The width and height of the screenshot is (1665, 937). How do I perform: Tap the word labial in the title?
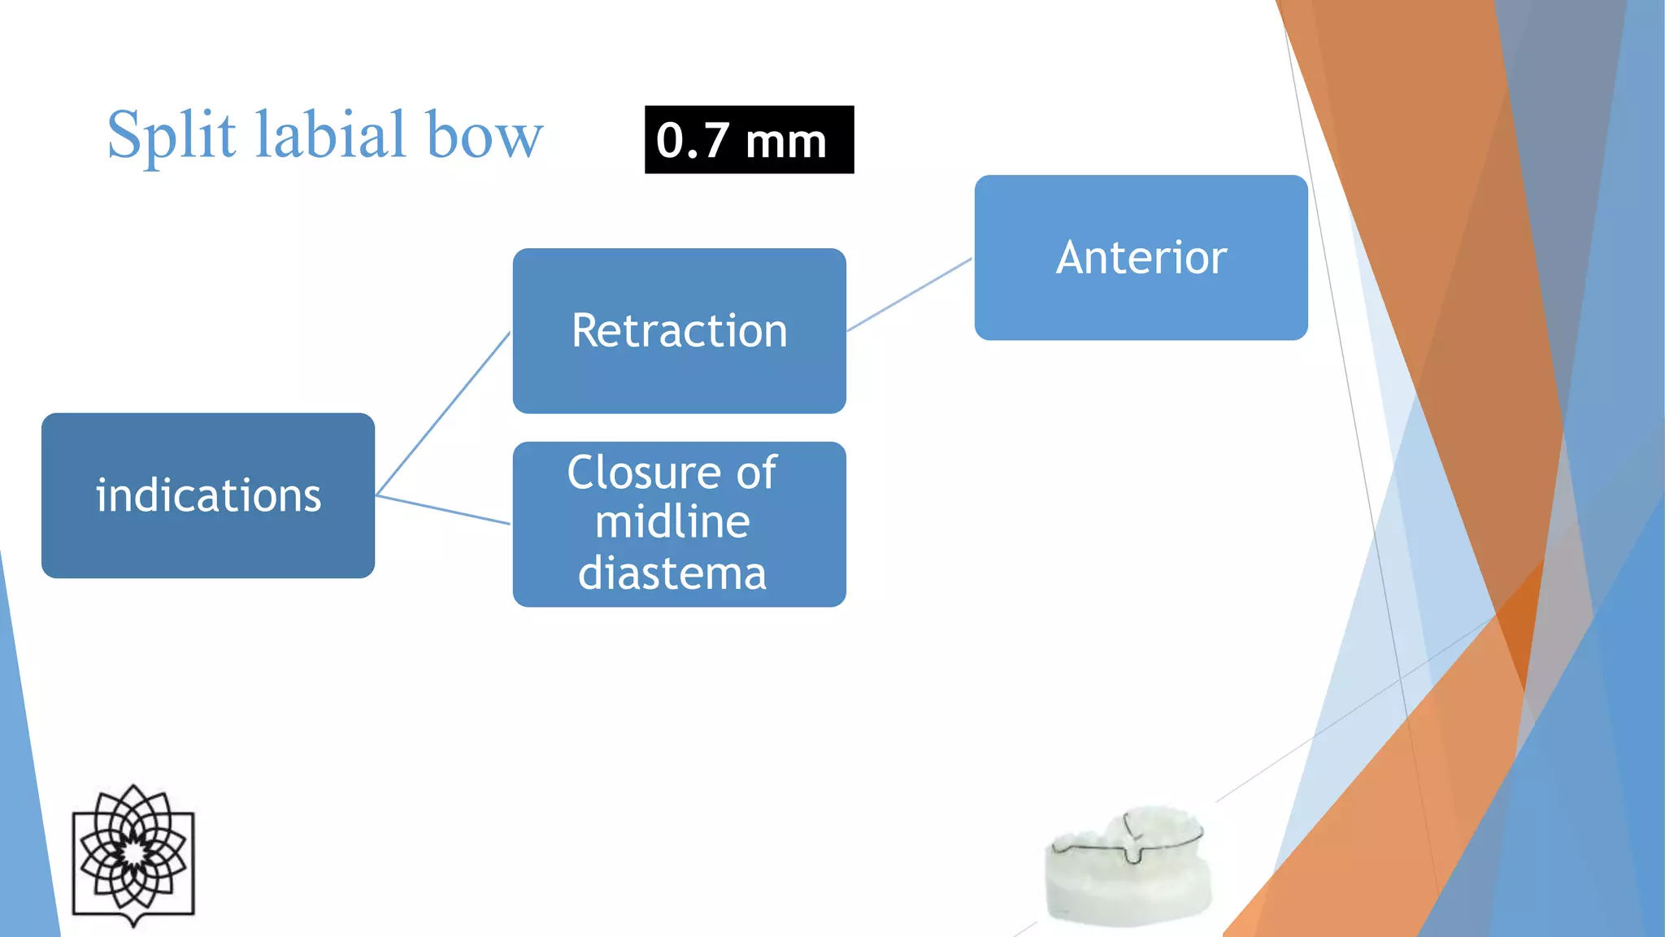pyautogui.click(x=330, y=134)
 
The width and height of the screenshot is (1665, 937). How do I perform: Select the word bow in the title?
pyautogui.click(x=485, y=136)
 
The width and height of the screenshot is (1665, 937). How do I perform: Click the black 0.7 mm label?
pyautogui.click(x=749, y=140)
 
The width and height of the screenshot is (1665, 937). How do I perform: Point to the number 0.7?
pyautogui.click(x=692, y=141)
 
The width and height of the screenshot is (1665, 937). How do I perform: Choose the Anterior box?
pyautogui.click(x=1141, y=258)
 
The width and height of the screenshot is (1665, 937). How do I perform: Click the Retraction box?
pyautogui.click(x=679, y=331)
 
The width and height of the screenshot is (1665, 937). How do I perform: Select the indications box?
pyautogui.click(x=208, y=495)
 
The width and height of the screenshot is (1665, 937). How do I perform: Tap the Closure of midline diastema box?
pyautogui.click(x=679, y=524)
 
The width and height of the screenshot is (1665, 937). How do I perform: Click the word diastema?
pyautogui.click(x=672, y=573)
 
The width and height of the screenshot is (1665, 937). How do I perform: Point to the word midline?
pyautogui.click(x=672, y=522)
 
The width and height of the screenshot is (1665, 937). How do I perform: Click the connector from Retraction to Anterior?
pyautogui.click(x=909, y=294)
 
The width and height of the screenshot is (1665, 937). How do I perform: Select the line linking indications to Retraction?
pyautogui.click(x=443, y=413)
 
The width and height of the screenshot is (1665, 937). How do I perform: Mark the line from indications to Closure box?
pyautogui.click(x=443, y=509)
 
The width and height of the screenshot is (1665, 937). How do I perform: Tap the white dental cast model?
pyautogui.click(x=1128, y=870)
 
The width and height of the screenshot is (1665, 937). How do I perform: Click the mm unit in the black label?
pyautogui.click(x=785, y=142)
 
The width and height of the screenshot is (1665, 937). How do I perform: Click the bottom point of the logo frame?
pyautogui.click(x=133, y=926)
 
